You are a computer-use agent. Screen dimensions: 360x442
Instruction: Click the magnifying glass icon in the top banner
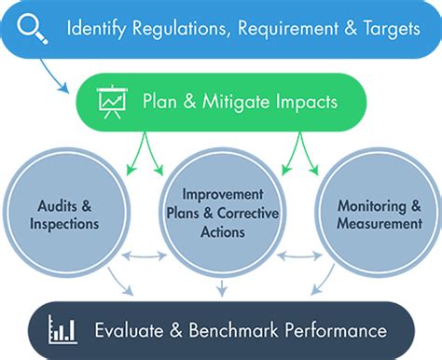[x=35, y=29]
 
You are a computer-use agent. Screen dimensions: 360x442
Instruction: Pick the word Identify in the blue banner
[x=95, y=29]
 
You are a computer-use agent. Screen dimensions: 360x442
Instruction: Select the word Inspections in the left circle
[x=62, y=225]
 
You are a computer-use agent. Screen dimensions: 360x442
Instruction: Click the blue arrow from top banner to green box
[x=66, y=78]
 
